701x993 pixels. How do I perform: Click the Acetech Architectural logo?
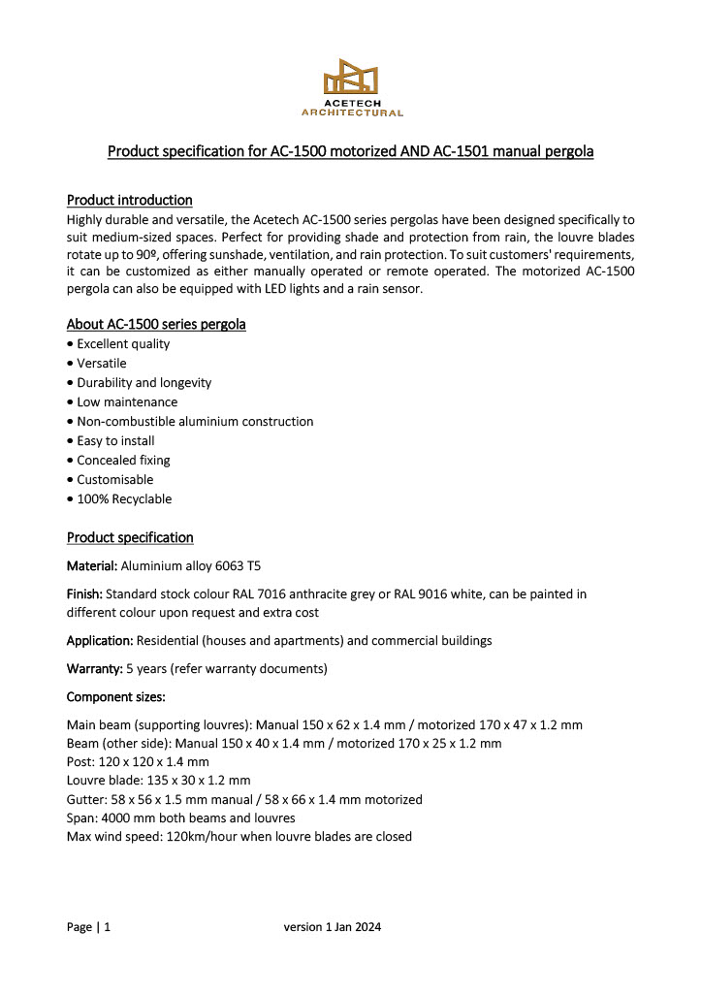pyautogui.click(x=352, y=87)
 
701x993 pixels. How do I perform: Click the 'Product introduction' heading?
pyautogui.click(x=129, y=201)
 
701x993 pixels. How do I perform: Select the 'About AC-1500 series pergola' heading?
pyautogui.click(x=155, y=324)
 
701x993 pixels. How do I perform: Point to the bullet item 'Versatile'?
pyautogui.click(x=102, y=364)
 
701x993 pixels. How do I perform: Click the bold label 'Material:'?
pyautogui.click(x=92, y=565)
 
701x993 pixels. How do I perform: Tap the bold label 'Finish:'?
pyautogui.click(x=84, y=593)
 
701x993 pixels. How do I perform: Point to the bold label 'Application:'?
pyautogui.click(x=100, y=641)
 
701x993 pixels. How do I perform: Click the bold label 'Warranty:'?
pyautogui.click(x=94, y=669)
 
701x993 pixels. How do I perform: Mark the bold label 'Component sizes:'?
pyautogui.click(x=115, y=697)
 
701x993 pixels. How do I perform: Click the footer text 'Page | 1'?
pyautogui.click(x=88, y=927)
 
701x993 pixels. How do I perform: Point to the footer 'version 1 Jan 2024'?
pyautogui.click(x=333, y=927)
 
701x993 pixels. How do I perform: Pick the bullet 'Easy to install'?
pyautogui.click(x=115, y=441)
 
